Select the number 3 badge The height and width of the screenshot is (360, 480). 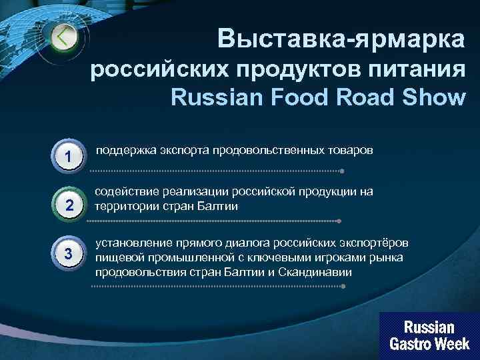[x=69, y=253]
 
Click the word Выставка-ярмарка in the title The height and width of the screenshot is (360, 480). [x=341, y=39]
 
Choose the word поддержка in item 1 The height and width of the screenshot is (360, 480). [x=125, y=150]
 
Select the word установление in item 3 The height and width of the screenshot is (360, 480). [x=131, y=243]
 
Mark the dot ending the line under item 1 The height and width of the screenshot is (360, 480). [x=342, y=171]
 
